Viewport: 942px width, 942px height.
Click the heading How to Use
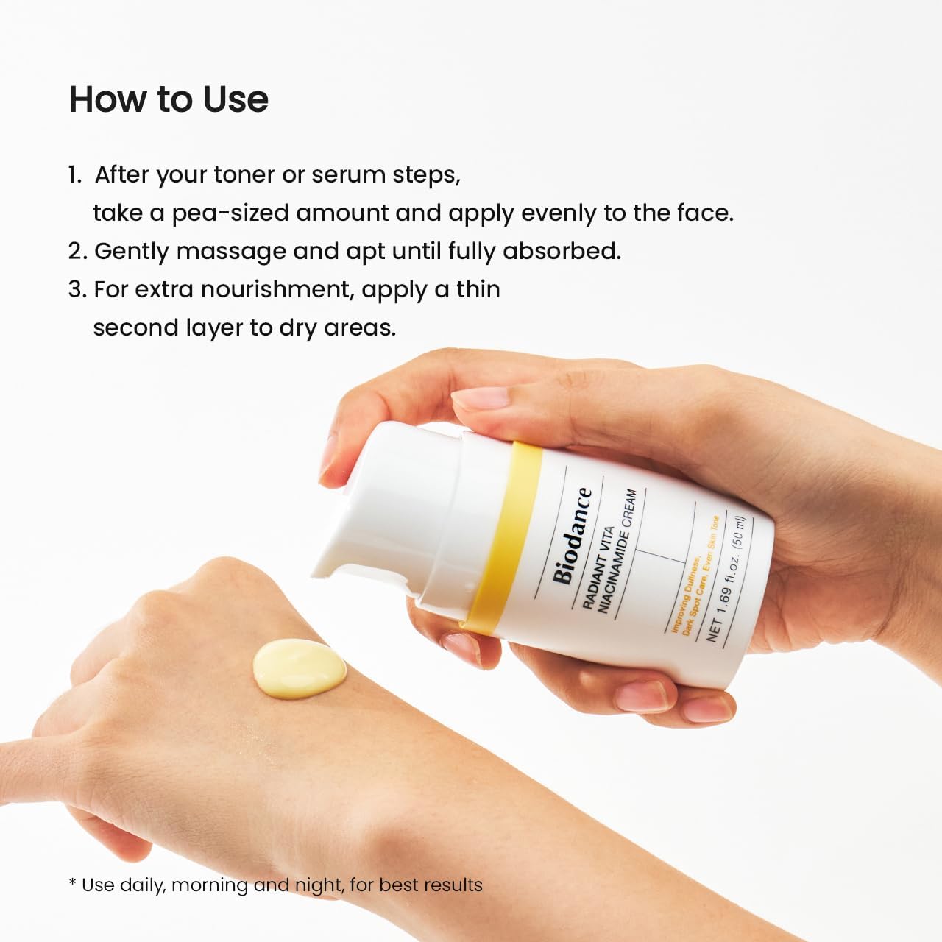pos(169,99)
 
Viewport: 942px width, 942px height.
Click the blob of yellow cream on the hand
pos(299,666)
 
